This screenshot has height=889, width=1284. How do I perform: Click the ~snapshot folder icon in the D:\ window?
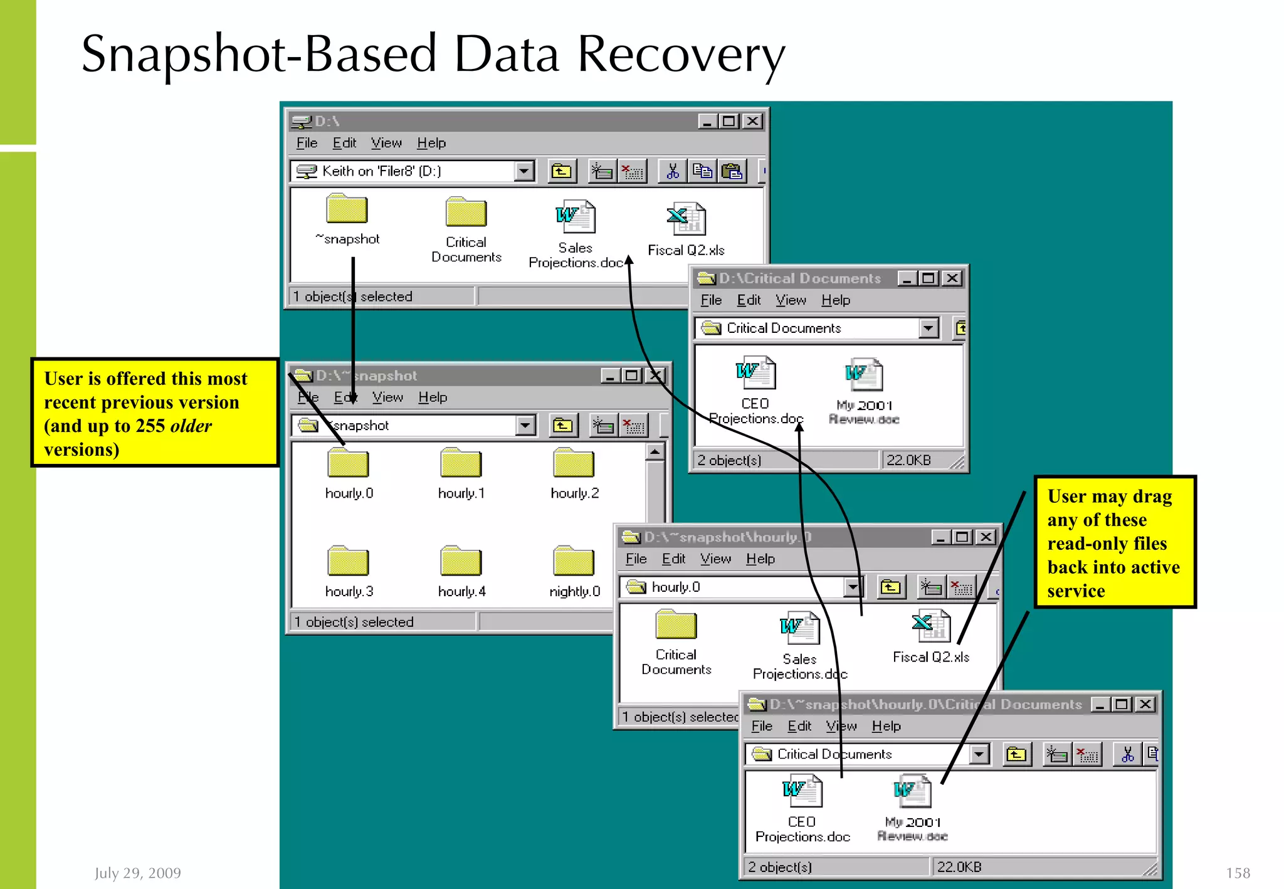(x=347, y=209)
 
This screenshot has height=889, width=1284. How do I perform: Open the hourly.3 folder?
(x=348, y=561)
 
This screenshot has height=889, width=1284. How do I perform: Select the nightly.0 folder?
(x=574, y=561)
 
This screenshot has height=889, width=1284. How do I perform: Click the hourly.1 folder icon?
(x=461, y=463)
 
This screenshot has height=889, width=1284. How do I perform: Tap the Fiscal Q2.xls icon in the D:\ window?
(x=687, y=219)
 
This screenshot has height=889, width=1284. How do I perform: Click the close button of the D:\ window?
(x=752, y=121)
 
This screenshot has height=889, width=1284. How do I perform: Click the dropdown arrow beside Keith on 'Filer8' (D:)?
(x=524, y=171)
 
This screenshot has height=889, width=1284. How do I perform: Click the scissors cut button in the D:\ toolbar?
(x=672, y=171)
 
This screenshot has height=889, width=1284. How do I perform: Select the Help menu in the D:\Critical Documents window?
(x=835, y=300)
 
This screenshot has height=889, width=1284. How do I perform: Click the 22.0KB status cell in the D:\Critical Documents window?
(x=908, y=460)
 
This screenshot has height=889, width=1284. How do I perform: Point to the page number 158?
(x=1238, y=873)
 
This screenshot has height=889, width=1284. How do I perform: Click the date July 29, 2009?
(x=138, y=873)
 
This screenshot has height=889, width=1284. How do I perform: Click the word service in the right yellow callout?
(x=1076, y=591)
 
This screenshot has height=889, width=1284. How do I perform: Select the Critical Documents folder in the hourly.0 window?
(x=676, y=625)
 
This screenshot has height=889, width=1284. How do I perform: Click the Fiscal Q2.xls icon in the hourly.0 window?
(x=931, y=626)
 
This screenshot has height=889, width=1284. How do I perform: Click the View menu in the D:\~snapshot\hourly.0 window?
(x=715, y=559)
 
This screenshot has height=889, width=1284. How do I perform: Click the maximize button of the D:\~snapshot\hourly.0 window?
(x=962, y=537)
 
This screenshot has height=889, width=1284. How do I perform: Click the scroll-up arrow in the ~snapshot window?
(x=655, y=451)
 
